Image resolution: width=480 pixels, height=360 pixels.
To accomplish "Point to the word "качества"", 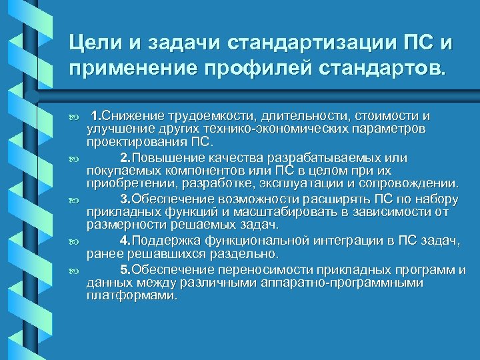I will pyautogui.click(x=238, y=158).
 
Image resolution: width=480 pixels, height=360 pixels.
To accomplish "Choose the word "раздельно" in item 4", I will pyautogui.click(x=247, y=254).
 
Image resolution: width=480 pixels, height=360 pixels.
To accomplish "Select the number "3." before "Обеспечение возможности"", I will pyautogui.click(x=125, y=199).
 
